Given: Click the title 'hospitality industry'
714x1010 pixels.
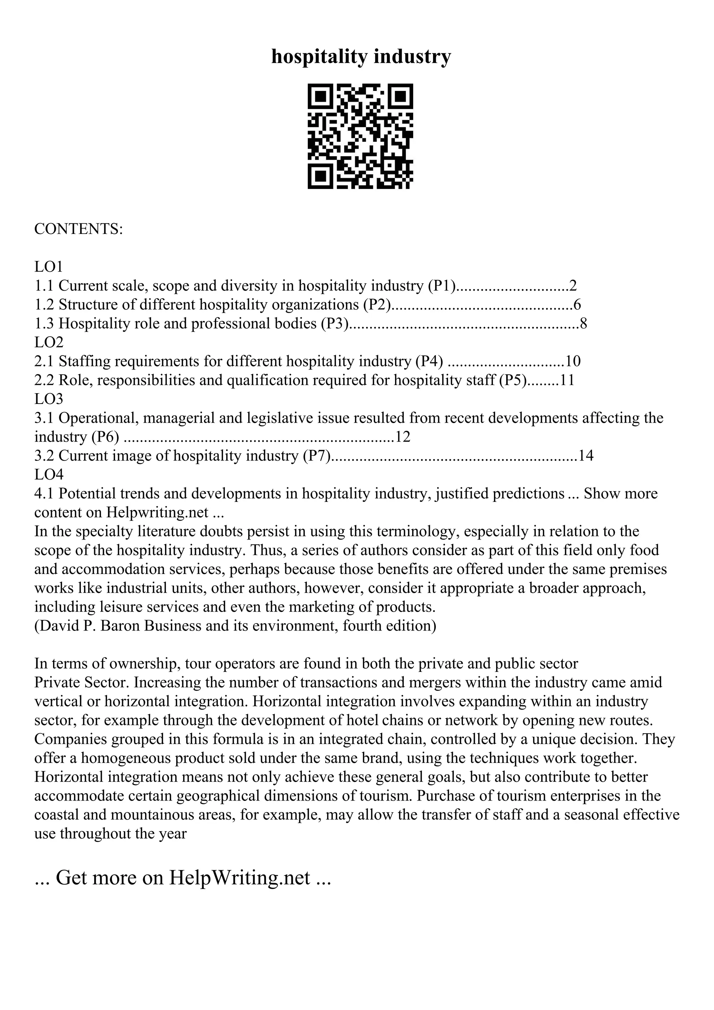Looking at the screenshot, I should [361, 57].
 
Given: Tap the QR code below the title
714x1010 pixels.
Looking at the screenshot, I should [360, 136].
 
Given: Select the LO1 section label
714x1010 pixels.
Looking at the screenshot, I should [49, 267].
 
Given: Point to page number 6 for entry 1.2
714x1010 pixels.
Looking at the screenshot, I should [577, 304].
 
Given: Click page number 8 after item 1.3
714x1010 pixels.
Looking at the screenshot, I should [583, 323].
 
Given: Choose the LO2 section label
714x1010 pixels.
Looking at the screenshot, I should [49, 342].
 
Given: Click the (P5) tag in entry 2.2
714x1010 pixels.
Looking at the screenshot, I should [512, 380].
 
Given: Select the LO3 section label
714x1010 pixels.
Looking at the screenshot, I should [49, 399].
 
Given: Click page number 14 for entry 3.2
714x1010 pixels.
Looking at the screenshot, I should [586, 456].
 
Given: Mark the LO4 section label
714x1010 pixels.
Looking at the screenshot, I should [49, 475].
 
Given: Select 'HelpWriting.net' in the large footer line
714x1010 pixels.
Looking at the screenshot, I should [240, 878].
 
